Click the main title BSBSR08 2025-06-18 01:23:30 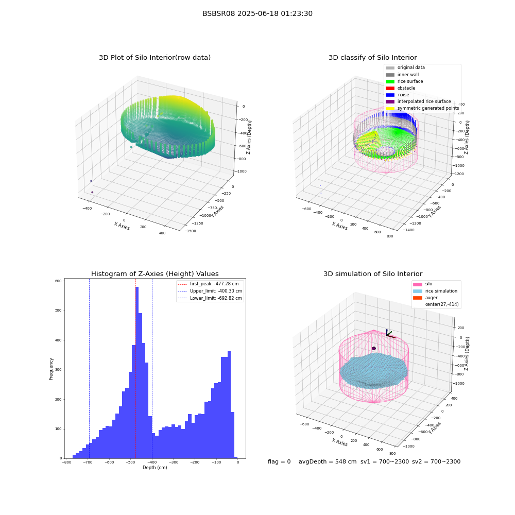(x=257, y=14)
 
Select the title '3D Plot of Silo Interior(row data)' (x=154, y=58)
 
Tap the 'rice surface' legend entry (x=404, y=81)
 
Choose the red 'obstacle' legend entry (x=400, y=88)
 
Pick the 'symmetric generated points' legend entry (x=422, y=108)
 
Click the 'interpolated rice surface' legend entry (x=418, y=101)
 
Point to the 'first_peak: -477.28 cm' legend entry (x=208, y=284)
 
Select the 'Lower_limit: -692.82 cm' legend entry (x=210, y=298)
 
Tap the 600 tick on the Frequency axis (x=58, y=281)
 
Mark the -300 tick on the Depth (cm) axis (x=173, y=462)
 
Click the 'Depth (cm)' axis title (x=154, y=468)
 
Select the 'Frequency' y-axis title (x=51, y=369)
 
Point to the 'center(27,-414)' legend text (x=442, y=304)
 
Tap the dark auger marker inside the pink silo (x=374, y=348)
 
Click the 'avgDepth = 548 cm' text (x=328, y=462)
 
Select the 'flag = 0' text (x=279, y=462)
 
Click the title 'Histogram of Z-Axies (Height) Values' (x=154, y=274)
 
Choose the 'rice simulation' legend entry (x=435, y=291)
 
